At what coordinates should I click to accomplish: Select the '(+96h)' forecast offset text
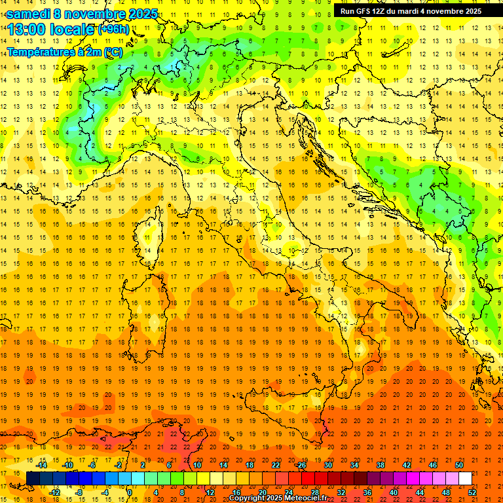point(113,29)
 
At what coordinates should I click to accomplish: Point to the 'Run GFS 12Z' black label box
point(411,10)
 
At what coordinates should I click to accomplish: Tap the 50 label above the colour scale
point(458,465)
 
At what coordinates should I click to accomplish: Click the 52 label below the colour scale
point(472,493)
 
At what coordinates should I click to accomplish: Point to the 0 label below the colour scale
point(130,493)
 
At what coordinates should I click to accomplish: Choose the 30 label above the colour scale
point(328,465)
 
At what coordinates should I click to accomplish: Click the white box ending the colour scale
point(465,479)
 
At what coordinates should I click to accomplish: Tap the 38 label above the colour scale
point(381,465)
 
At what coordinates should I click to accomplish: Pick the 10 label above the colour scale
point(197,465)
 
